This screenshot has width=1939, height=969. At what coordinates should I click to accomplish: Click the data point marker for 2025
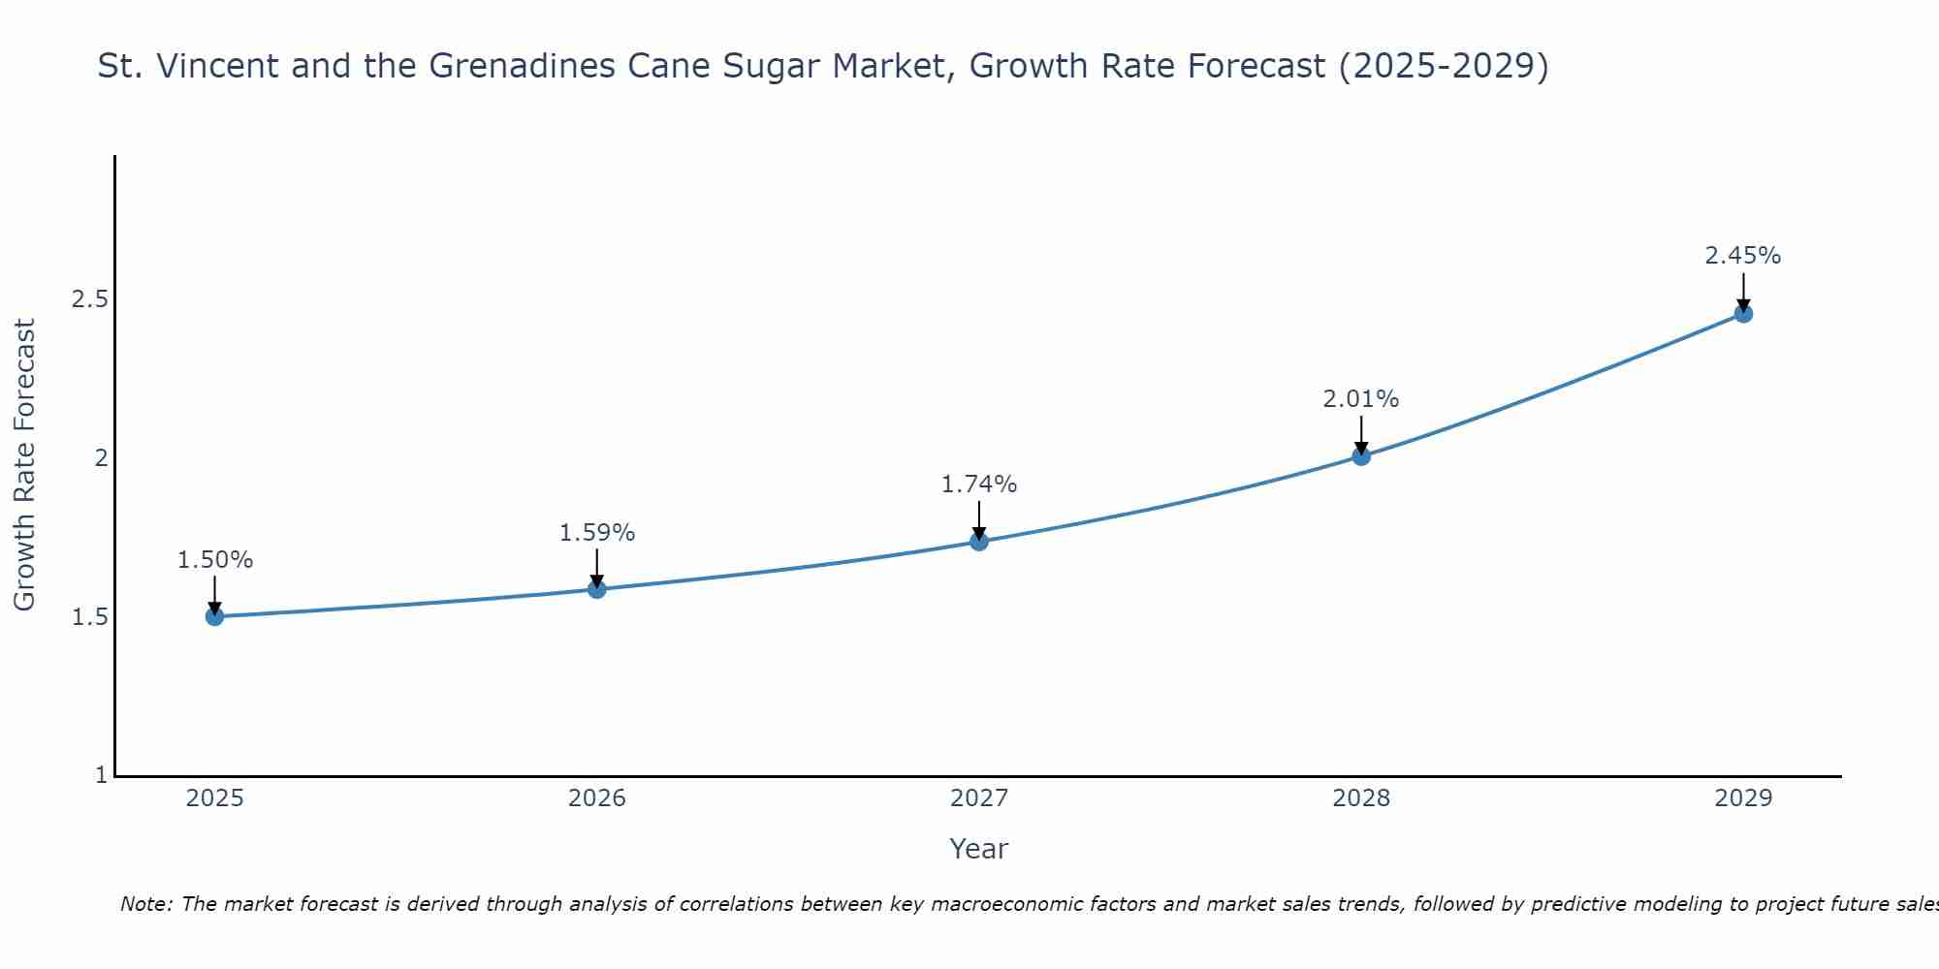215,616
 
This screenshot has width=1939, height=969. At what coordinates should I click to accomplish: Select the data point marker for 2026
597,589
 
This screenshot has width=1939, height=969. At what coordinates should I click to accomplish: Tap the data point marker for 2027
979,542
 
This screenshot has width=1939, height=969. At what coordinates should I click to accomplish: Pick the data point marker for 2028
1361,456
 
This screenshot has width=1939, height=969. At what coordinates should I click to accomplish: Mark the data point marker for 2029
1743,314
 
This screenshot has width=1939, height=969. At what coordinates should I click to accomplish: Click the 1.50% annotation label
215,560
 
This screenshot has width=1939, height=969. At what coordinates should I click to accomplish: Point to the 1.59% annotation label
597,533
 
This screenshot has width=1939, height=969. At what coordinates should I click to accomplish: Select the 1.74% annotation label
979,484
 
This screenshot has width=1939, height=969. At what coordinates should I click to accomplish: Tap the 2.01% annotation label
1361,399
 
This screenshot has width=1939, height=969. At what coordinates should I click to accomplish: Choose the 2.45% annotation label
1743,256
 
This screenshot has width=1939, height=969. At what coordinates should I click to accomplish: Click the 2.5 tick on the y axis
89,299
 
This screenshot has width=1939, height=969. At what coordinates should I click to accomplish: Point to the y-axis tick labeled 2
100,458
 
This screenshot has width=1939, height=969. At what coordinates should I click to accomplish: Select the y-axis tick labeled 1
101,775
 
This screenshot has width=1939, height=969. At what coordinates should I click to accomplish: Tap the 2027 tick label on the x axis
979,798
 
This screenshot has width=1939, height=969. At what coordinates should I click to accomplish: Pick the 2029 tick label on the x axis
1743,798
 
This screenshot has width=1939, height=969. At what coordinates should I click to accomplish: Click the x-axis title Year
979,849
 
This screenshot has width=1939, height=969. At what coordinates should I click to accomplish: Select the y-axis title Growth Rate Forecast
24,465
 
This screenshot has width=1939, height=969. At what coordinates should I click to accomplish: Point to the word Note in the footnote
145,904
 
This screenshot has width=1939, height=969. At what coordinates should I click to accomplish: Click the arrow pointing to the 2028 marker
1361,434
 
